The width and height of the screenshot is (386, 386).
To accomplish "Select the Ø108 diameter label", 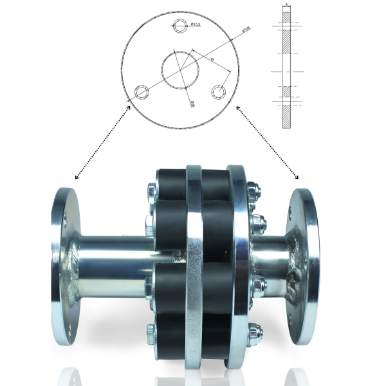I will pyautogui.click(x=246, y=30).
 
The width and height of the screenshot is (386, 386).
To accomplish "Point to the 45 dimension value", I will pyautogui.click(x=213, y=60).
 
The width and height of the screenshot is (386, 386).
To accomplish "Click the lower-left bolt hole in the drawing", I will pyautogui.click(x=141, y=91).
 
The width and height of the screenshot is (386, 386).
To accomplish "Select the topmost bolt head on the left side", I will pyautogui.click(x=151, y=190).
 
